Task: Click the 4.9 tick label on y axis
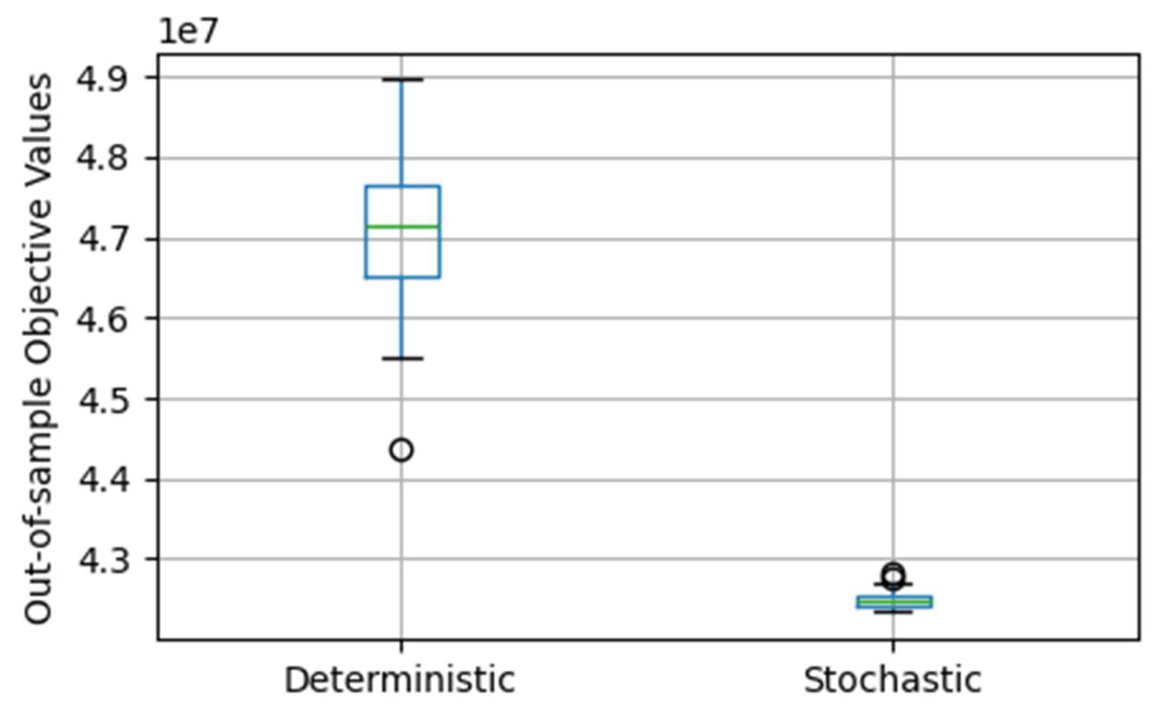coord(102,79)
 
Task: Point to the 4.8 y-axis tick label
coord(102,159)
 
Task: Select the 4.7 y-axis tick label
coord(102,239)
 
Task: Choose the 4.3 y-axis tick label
coord(102,560)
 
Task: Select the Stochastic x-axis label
coord(892,681)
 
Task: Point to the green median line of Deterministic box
coord(402,226)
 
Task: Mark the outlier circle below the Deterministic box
coord(401,450)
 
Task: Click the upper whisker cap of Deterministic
coord(402,80)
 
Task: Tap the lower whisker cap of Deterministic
coord(402,358)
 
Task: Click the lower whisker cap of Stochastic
coord(893,612)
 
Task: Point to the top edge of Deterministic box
coord(402,186)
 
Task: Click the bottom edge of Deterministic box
coord(402,277)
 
